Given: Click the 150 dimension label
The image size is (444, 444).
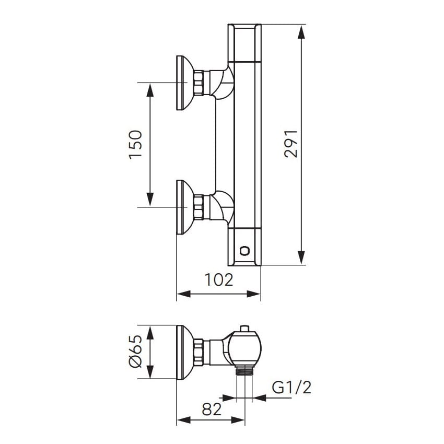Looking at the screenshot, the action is coord(135,144).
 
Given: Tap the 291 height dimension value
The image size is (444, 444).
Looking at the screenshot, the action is coord(291,144).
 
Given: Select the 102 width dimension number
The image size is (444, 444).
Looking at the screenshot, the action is coord(218,280).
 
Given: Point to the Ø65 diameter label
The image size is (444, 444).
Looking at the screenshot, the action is coord(135,352).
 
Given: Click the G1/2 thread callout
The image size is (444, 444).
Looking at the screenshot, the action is coord(291,388).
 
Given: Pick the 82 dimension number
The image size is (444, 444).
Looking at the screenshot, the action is coord(212,409).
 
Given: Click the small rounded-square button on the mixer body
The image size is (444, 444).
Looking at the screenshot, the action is coord(244,251).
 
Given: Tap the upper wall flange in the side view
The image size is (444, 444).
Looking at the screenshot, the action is coord(184,83).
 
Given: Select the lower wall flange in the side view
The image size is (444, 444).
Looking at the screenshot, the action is coord(184,207).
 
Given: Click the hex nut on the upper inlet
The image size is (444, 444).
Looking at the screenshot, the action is coord(198,83).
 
